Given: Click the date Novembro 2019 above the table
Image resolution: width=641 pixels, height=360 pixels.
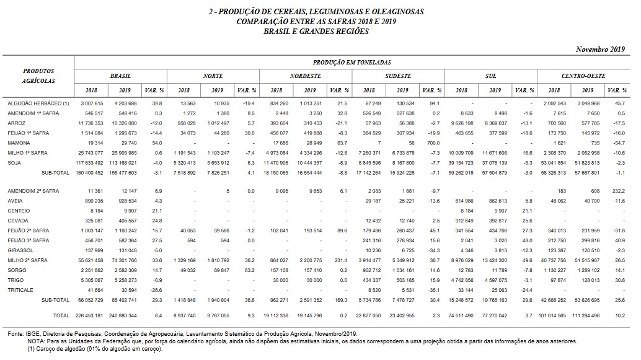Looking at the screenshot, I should (x=600, y=49).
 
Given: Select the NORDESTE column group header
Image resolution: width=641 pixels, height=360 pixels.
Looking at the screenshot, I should (x=306, y=76).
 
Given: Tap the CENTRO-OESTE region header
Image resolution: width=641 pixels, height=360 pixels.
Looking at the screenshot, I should (x=583, y=76).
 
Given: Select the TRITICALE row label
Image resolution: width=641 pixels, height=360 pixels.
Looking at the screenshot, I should (x=21, y=290).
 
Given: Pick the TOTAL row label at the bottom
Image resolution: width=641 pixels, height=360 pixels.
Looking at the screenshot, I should (x=61, y=315).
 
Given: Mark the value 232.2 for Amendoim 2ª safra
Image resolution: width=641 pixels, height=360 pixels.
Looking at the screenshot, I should (x=616, y=191).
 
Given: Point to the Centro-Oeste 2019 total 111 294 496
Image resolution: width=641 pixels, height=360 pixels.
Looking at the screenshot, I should (x=586, y=315).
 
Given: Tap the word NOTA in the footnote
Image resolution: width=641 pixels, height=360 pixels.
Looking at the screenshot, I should (x=36, y=341).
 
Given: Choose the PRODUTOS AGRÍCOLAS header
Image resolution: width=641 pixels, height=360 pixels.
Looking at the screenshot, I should (x=39, y=76).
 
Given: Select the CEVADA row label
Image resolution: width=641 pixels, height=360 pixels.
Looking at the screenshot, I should (x=19, y=220).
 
